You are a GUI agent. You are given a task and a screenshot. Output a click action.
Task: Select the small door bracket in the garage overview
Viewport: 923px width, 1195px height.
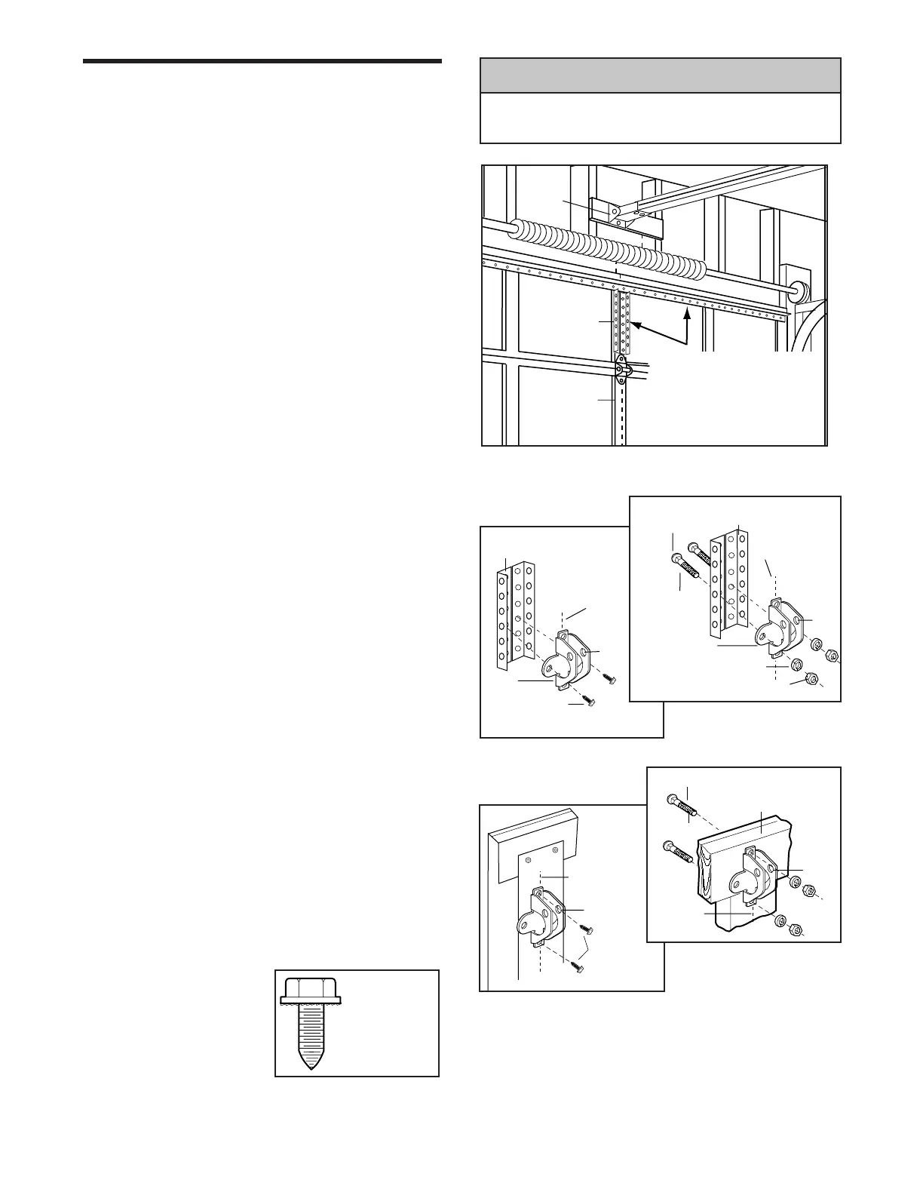621,370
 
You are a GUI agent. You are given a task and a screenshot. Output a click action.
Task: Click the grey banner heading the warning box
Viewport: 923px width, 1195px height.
660,75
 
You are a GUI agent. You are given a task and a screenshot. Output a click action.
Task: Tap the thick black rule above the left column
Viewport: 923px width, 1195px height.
262,61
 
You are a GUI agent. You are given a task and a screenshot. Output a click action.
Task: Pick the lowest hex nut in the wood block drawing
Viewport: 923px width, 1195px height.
795,929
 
